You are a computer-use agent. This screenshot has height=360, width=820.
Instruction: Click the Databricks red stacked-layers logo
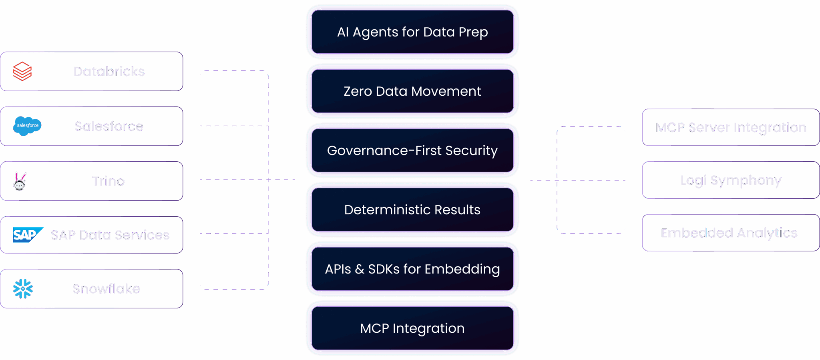(22, 71)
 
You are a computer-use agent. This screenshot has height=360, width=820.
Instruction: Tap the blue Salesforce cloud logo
(27, 126)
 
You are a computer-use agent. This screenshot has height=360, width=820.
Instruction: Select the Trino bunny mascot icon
(20, 181)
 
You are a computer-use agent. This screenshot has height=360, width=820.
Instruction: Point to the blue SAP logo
(27, 235)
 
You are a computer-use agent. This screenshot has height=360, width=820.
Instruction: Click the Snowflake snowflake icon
(23, 289)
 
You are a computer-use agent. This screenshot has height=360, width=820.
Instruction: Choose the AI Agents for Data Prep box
(412, 32)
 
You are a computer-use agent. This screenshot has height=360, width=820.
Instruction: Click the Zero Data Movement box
(412, 91)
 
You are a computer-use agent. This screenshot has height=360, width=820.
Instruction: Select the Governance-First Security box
(412, 151)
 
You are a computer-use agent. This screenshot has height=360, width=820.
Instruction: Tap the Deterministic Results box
(412, 210)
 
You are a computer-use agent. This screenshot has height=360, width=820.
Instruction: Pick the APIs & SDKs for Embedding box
(412, 269)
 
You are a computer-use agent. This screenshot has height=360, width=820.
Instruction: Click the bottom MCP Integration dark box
(412, 328)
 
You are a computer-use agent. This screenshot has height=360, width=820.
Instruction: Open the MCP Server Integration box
(731, 127)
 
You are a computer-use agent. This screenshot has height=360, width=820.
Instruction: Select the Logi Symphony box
(731, 180)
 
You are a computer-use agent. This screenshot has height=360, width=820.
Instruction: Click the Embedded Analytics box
(731, 233)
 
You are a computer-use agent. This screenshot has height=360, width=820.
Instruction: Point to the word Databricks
(109, 71)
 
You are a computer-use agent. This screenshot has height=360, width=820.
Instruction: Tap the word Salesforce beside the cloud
(109, 126)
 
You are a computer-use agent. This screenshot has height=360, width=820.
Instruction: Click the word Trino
(109, 181)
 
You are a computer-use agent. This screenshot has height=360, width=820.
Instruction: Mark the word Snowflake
(106, 289)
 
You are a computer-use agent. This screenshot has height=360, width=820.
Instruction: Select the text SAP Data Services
(110, 235)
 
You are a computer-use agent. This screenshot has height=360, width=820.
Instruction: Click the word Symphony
(746, 181)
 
